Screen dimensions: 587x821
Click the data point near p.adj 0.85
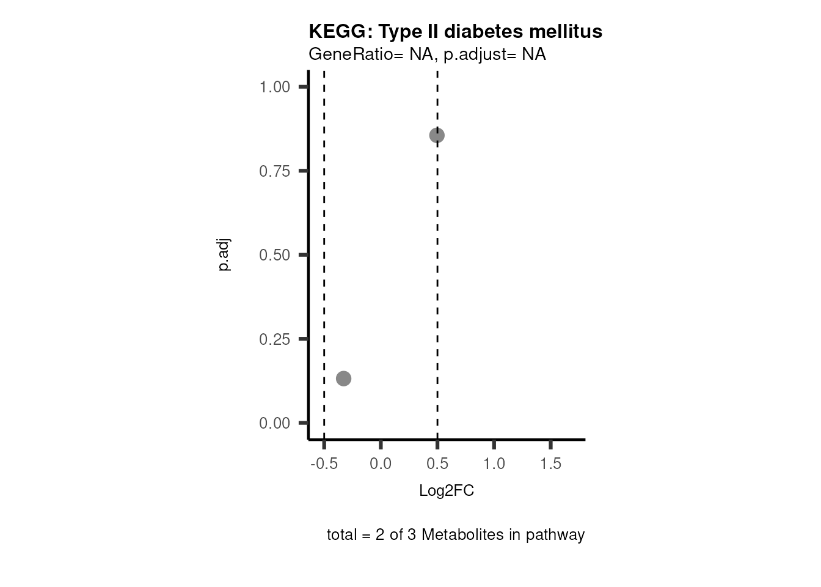coord(437,135)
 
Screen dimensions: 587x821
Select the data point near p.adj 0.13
coord(344,378)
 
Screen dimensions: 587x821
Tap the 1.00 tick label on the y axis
coord(275,87)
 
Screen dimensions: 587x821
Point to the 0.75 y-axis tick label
coord(275,171)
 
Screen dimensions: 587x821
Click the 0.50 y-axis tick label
coord(275,255)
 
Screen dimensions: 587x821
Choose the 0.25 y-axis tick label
coord(275,339)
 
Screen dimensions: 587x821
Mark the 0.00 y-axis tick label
coord(275,423)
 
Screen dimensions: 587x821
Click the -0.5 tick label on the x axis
coord(324,463)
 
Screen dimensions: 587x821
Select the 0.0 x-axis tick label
coord(381,463)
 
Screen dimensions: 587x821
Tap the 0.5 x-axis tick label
coord(437,463)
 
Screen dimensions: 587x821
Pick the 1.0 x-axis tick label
coord(494,463)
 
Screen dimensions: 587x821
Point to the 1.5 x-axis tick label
coord(551,463)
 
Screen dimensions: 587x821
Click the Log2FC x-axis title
coord(447,491)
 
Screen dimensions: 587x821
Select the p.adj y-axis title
coord(224,255)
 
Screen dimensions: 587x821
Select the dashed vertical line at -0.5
coord(324,245)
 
